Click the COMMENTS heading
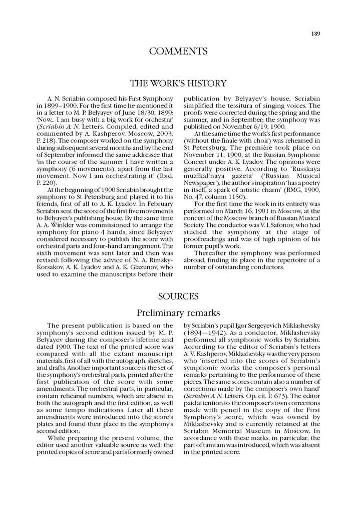pos(178,51)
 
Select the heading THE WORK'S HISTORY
pos(178,83)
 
